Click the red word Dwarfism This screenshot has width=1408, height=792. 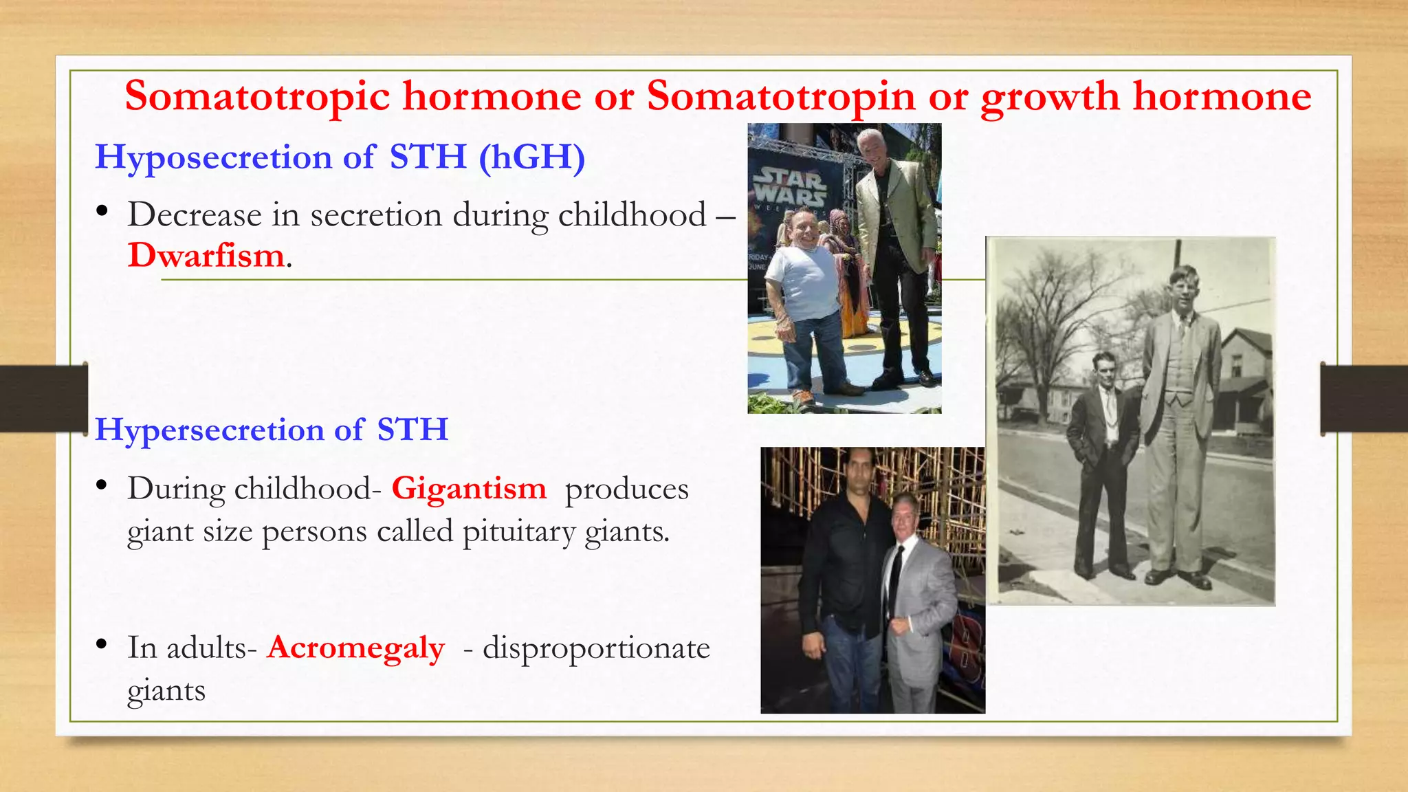click(x=206, y=256)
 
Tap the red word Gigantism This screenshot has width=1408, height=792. click(x=469, y=489)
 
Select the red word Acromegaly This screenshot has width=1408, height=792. click(x=355, y=648)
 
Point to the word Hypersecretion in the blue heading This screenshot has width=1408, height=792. click(x=209, y=430)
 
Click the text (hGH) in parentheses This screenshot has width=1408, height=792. click(x=532, y=157)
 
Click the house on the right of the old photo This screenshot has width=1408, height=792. click(x=1244, y=385)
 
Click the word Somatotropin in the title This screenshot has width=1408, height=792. click(x=780, y=96)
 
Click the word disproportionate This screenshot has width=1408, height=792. click(x=596, y=648)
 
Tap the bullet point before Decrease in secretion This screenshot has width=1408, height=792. click(x=102, y=211)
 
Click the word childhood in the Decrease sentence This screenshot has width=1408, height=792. click(x=632, y=215)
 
